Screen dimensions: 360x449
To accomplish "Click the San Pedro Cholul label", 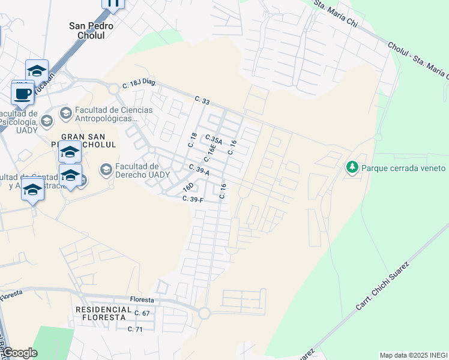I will click(95, 30).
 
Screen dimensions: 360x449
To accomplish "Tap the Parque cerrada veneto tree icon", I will click(352, 167).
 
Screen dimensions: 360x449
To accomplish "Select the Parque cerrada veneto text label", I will click(403, 168).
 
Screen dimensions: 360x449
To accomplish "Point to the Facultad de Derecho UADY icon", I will click(106, 170).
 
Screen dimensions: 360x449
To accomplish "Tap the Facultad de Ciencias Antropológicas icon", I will click(65, 113).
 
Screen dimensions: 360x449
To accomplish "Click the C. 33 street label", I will click(202, 101).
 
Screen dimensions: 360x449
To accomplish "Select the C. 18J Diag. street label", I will click(139, 85).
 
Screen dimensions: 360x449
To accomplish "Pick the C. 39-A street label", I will click(199, 170).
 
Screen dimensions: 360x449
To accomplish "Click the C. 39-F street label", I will click(194, 199).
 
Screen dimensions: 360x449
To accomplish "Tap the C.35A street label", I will click(214, 140).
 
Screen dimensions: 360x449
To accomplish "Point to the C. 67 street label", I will click(142, 313).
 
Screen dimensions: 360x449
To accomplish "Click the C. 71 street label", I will click(135, 329).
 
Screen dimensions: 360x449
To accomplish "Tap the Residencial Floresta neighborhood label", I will click(103, 313).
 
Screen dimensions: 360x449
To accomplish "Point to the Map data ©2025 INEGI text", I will click(413, 355).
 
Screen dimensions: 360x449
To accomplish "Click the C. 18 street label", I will click(193, 139).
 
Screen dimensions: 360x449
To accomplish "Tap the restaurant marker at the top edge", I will click(113, 3).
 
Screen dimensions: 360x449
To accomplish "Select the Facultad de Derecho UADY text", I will click(137, 170).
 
